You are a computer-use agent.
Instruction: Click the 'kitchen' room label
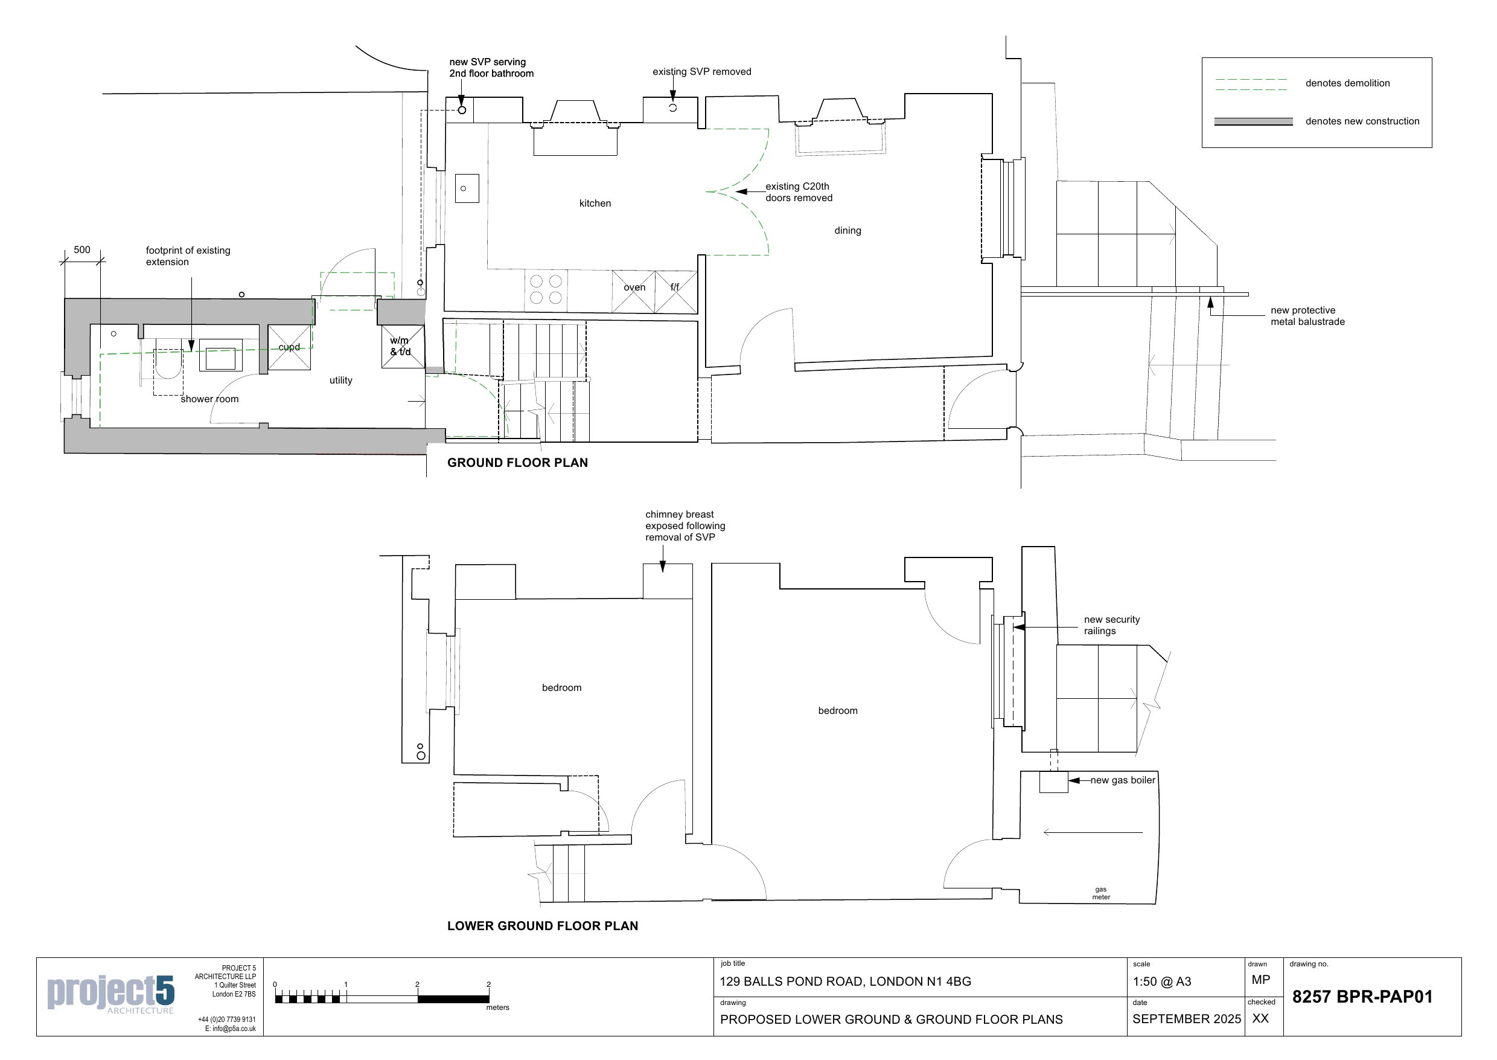click(595, 204)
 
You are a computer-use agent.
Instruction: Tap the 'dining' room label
click(847, 230)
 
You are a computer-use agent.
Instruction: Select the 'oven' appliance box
click(633, 292)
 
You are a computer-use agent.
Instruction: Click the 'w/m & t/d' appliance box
click(403, 347)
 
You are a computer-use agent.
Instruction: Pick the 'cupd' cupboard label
click(289, 347)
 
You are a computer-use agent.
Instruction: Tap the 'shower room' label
click(209, 399)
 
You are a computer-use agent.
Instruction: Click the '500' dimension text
click(82, 250)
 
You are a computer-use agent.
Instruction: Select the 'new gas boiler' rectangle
click(1053, 783)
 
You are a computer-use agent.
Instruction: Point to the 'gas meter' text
click(1100, 893)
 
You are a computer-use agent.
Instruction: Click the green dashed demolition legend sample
click(1251, 84)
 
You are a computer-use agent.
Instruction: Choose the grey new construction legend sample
click(1253, 121)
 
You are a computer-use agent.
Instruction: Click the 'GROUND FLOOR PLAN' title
click(517, 463)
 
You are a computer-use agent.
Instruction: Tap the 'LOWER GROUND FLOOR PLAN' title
click(542, 925)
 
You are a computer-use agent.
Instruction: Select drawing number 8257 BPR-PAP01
click(1362, 997)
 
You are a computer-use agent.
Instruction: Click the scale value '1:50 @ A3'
click(1162, 981)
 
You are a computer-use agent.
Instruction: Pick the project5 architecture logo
click(111, 994)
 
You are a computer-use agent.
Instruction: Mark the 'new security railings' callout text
click(1111, 625)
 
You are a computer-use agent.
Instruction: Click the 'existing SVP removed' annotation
click(701, 72)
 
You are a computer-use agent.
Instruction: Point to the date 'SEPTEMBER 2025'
click(1186, 1019)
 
